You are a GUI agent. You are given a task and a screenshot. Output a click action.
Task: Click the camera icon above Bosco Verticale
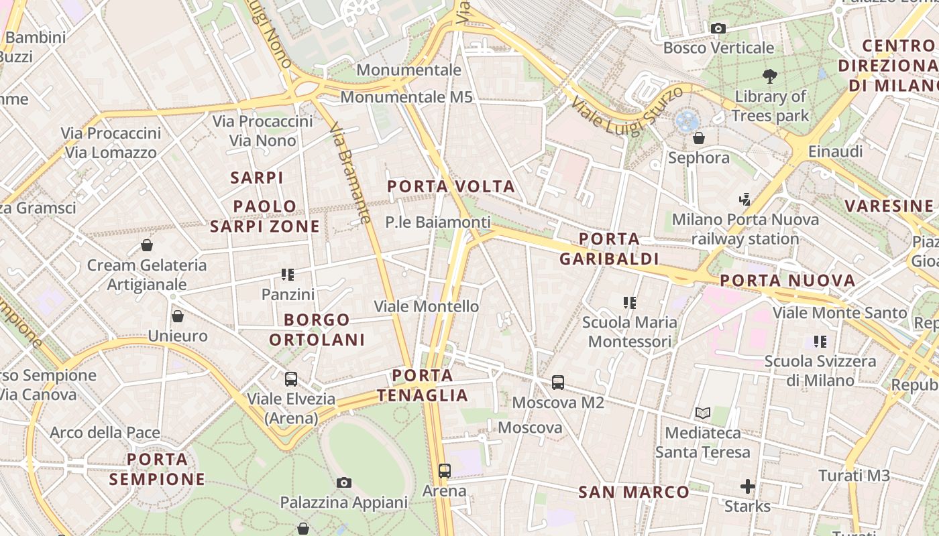[718, 28]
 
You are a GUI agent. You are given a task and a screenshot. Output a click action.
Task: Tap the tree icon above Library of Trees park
[769, 76]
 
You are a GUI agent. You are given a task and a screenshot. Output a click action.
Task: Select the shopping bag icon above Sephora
[699, 138]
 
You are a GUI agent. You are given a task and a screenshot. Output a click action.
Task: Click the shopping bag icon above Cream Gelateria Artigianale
[147, 245]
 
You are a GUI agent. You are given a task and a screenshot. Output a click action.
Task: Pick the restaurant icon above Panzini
[288, 274]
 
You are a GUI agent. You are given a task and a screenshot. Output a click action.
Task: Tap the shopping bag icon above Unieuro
[178, 316]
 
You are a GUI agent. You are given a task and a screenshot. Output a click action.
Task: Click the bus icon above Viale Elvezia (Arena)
[290, 379]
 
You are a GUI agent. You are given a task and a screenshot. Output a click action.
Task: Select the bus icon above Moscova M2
[558, 383]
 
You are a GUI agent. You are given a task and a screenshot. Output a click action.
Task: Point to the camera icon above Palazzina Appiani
[343, 482]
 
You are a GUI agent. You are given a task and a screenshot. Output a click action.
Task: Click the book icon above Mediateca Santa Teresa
[703, 413]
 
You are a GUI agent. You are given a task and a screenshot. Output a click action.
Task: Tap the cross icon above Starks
[748, 486]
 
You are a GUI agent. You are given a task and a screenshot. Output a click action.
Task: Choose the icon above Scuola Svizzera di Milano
[820, 342]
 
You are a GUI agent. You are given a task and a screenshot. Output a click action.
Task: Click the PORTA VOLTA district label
[451, 186]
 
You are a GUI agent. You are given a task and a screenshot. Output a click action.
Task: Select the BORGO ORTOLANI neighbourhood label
[317, 329]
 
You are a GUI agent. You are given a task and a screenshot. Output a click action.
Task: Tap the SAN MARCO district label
[634, 492]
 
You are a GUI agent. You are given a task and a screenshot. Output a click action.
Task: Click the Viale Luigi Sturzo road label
[627, 111]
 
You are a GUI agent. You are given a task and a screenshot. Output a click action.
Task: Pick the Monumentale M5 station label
[406, 97]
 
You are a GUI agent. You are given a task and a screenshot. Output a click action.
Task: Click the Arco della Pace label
[105, 432]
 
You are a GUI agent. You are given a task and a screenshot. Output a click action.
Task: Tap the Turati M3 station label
[854, 476]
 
